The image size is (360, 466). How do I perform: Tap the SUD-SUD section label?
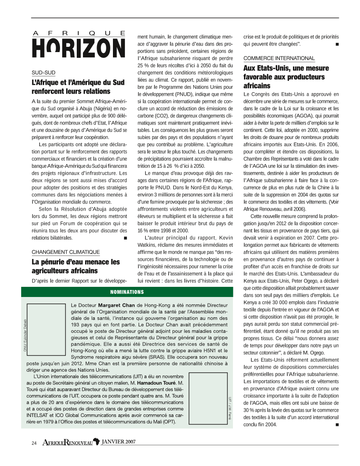pyautogui.click(x=43, y=72)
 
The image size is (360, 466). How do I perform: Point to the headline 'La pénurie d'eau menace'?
pyautogui.click(x=75, y=266)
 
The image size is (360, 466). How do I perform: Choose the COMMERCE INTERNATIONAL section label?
pyautogui.click(x=279, y=58)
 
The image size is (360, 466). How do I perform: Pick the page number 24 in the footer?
pyautogui.click(x=34, y=442)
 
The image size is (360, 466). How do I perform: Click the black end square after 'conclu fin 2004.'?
pyautogui.click(x=337, y=425)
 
